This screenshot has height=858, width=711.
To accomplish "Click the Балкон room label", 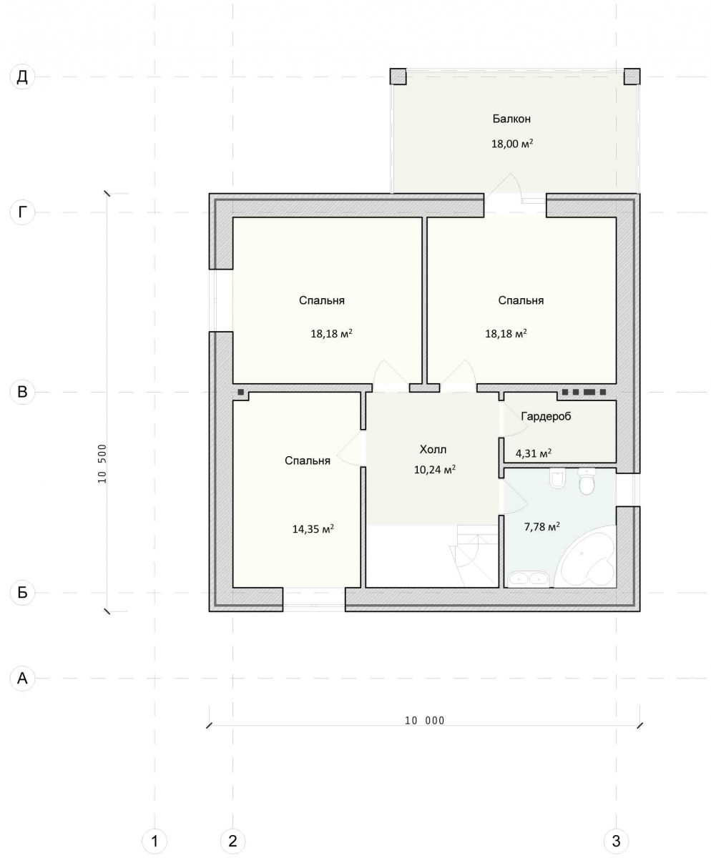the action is point(511,119).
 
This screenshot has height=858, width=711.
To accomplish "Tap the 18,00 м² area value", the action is point(512,144).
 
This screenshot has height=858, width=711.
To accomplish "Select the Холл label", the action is point(433,450).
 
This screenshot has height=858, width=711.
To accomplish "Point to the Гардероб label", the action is point(546,416).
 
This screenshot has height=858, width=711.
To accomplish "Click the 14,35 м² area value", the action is point(313,529).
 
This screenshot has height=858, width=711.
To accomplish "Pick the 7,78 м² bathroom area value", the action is point(541,526).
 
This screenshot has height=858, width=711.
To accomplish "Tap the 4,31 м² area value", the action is point(534,453).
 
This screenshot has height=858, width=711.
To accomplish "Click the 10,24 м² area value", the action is point(435,470).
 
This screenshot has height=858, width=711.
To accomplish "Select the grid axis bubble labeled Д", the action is point(22,77).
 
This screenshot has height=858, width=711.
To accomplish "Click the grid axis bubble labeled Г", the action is point(22,212).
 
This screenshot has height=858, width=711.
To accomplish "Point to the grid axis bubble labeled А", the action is point(22,679).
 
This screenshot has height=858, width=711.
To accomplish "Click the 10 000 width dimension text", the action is point(425,721).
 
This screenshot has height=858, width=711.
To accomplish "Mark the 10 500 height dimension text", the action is point(102,463).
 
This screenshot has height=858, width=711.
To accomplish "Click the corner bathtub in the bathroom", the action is point(586,558).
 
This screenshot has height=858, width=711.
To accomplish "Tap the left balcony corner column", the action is point(398,77).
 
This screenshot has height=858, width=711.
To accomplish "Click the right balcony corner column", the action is point(632,77).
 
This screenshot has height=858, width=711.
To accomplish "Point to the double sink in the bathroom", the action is point(529,579).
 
